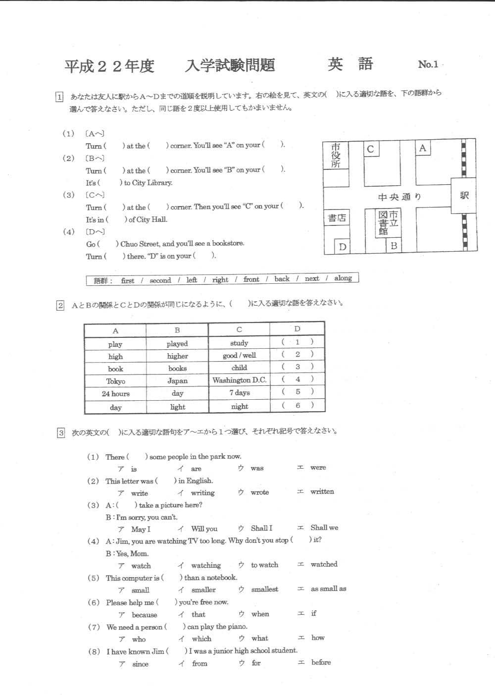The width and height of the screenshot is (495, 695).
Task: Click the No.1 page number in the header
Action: [x=428, y=64]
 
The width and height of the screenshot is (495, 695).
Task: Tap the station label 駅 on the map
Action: [x=464, y=195]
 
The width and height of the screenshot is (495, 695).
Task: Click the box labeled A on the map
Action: [x=422, y=148]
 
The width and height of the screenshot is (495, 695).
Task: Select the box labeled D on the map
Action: [x=342, y=246]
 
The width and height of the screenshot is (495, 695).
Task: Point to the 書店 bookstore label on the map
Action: [x=337, y=217]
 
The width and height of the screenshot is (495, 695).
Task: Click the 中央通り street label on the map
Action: [x=399, y=197]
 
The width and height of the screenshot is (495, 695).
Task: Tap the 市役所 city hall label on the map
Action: [x=336, y=155]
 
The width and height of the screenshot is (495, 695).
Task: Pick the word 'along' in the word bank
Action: [x=343, y=278]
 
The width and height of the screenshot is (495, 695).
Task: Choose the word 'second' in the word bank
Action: [x=160, y=280]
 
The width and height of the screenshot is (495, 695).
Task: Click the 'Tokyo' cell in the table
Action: [x=115, y=381]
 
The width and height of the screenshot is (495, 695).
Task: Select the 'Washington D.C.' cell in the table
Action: [x=239, y=380]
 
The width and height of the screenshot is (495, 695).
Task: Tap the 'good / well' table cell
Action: [x=239, y=355]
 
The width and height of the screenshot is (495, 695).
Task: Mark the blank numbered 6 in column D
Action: [x=297, y=405]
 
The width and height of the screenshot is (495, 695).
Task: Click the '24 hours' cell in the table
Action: [x=115, y=394]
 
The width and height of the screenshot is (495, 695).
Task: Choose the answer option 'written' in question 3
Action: [x=322, y=491]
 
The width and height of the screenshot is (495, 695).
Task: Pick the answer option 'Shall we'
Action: [x=324, y=528]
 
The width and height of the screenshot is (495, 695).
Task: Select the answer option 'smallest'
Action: [x=264, y=589]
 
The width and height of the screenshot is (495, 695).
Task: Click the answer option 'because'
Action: [x=144, y=615]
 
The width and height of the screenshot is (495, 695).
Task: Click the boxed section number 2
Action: [x=60, y=306]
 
